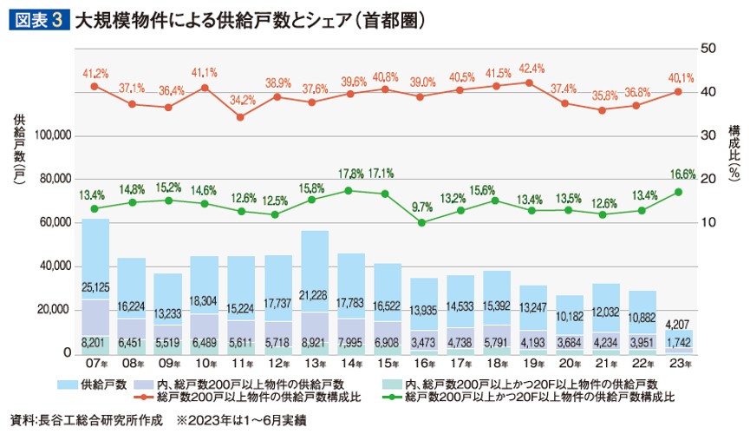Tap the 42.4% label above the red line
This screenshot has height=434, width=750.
pyautogui.click(x=532, y=69)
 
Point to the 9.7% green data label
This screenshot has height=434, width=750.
pyautogui.click(x=421, y=207)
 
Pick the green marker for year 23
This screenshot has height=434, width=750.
pyautogui.click(x=678, y=192)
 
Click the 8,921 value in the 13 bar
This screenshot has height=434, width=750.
pyautogui.click(x=314, y=344)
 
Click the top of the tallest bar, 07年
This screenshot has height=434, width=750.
pyautogui.click(x=95, y=220)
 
